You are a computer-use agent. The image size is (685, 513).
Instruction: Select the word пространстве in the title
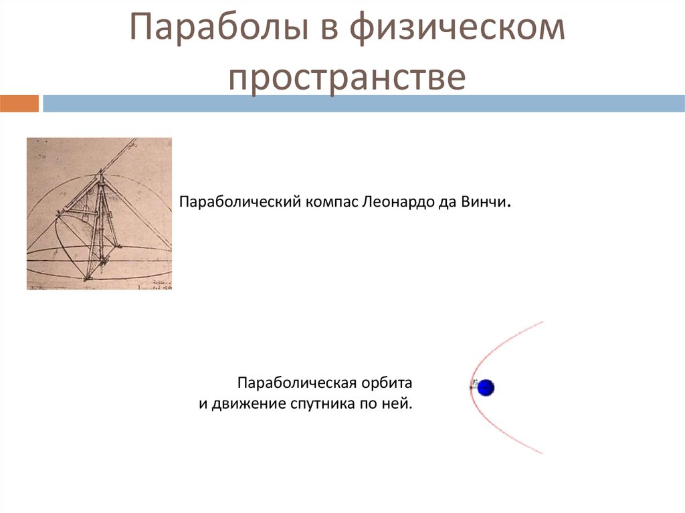346,78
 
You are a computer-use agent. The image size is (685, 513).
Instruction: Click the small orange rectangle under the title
19,104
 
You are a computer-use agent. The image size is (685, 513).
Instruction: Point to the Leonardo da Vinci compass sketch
99,213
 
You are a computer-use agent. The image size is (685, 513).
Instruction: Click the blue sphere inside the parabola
486,387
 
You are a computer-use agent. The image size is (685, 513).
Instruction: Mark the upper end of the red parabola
543,322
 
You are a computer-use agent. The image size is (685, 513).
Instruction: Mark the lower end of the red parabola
543,453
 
